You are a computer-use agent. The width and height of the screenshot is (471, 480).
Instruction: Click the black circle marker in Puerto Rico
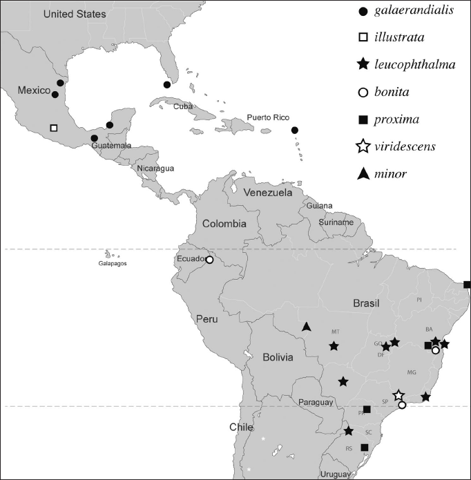click(295, 130)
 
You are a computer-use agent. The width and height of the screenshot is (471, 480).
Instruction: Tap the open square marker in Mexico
click(54, 128)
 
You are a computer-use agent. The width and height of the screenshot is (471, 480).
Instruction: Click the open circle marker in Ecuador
click(209, 260)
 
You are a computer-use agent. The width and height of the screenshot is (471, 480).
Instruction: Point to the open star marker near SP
click(398, 396)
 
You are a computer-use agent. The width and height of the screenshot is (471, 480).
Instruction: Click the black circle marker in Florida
click(166, 84)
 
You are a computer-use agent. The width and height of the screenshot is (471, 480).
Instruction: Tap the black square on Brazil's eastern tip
click(468, 285)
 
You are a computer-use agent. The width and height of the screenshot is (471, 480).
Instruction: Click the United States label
click(74, 14)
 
